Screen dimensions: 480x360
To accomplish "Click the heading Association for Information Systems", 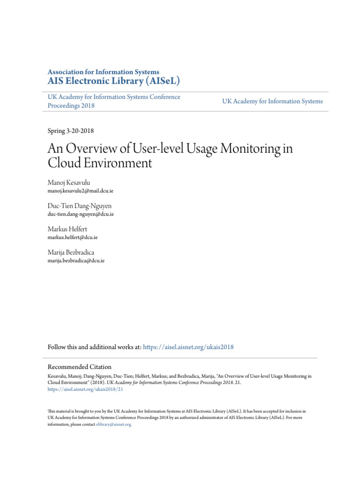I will coord(103,72).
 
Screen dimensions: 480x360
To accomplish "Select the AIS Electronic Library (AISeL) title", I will coord(114,82).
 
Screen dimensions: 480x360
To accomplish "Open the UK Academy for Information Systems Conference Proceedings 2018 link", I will coord(113,101).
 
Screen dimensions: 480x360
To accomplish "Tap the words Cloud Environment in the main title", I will coord(100,163).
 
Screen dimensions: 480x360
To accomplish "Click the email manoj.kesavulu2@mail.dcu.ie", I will coord(80,191).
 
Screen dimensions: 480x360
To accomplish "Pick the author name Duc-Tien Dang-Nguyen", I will coord(80,206).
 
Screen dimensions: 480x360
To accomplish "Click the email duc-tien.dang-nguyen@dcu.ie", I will coord(81,214).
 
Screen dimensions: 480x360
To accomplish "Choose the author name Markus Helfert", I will coord(67,229).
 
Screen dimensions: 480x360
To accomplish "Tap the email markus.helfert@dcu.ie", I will coord(73,237).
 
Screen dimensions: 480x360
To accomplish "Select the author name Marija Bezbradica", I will coord(71,252).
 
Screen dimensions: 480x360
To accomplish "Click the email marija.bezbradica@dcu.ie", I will coord(76,260).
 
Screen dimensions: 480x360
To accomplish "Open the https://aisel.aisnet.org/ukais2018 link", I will coord(188,347).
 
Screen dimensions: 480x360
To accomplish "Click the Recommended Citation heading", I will coord(80,367).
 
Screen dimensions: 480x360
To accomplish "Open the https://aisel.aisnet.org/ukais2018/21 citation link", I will coord(85,389).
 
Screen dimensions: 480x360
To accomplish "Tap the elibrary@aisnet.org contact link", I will coord(113,424).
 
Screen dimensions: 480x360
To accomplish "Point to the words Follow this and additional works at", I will coord(94,347).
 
